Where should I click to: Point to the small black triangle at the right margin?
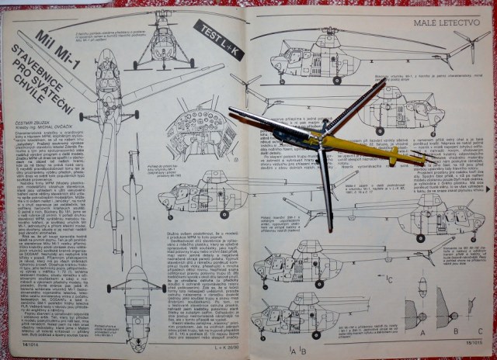488,189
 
